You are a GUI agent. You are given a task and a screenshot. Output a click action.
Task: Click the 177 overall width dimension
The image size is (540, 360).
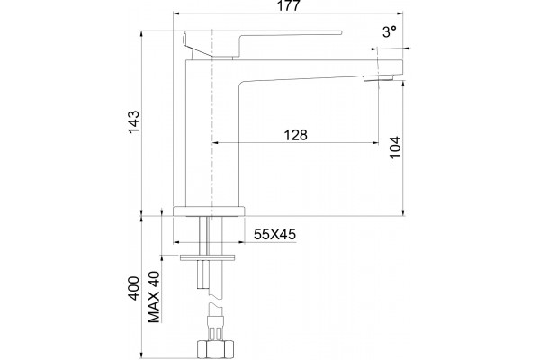coord(288,5)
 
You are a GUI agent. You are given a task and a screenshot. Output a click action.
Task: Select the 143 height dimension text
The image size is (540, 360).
coord(133,121)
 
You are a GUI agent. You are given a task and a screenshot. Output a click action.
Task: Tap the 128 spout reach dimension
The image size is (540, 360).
coord(295,135)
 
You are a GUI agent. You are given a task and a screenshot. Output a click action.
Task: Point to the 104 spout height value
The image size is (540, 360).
coord(395,148)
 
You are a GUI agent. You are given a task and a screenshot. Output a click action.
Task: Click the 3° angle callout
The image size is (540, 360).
coord(390,32)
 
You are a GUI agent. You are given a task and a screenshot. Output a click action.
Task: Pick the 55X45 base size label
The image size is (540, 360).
coord(274,234)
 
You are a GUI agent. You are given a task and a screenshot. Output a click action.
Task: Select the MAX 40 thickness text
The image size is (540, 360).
coord(154,297)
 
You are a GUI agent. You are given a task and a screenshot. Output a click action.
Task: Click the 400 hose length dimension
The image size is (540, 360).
coord(133,288)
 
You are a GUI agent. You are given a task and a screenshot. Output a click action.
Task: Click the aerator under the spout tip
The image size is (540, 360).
coord(378,78)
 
